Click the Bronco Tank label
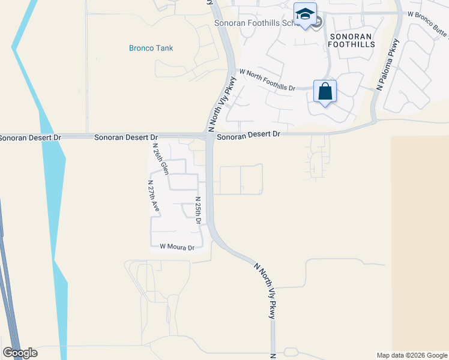click(151, 48)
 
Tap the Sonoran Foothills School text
click(255, 23)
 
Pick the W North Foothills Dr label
click(268, 80)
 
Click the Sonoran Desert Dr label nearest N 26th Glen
click(125, 137)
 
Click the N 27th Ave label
click(154, 196)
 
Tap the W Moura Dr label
click(177, 247)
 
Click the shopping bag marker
click(325, 92)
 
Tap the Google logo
click(20, 353)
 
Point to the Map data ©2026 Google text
click(411, 355)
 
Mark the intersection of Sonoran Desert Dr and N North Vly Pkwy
click(209, 137)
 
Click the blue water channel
click(52, 180)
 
